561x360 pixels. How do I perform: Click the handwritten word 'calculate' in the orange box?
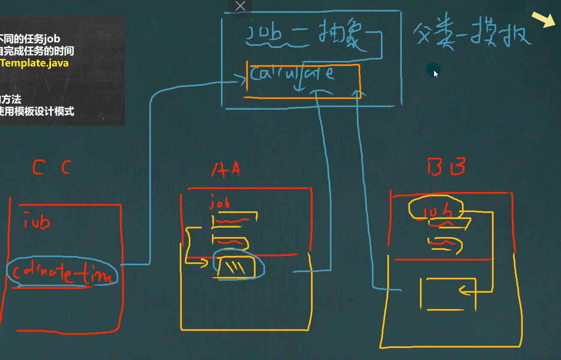[292, 74]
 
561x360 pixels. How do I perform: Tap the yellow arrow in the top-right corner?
[543, 19]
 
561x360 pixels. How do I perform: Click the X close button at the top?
[241, 6]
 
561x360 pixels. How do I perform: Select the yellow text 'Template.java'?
[35, 63]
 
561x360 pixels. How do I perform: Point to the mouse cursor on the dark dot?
[434, 71]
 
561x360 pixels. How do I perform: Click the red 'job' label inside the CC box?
[37, 222]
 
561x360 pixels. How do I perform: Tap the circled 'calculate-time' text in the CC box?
[62, 273]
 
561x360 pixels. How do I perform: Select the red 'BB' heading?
[446, 166]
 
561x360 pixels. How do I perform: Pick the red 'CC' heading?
[51, 167]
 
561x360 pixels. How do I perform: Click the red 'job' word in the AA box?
[220, 202]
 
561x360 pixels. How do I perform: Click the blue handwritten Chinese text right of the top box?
[472, 34]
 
